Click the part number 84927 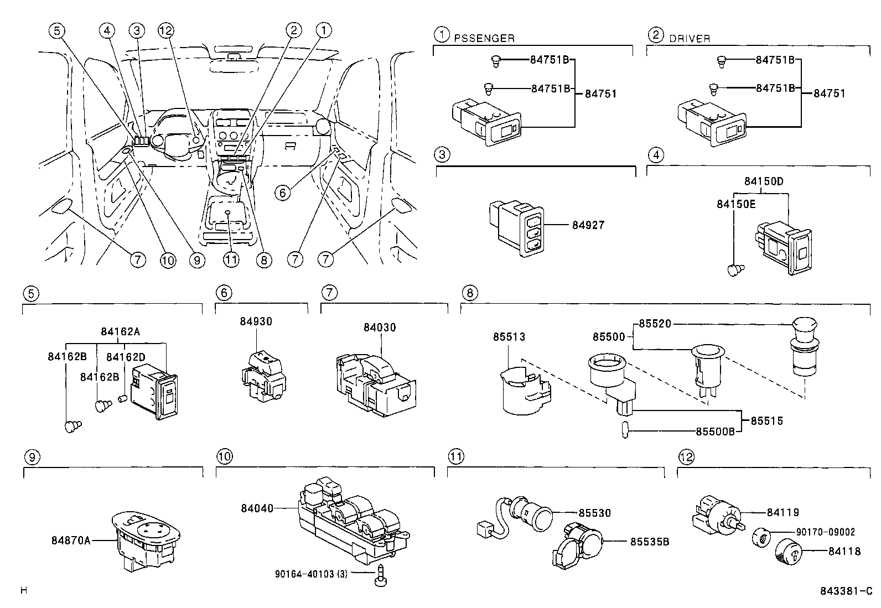[x=588, y=225]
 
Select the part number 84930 [x=256, y=321]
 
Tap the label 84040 [x=257, y=508]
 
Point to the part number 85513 [x=509, y=337]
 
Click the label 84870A [x=71, y=541]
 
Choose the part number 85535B [x=650, y=542]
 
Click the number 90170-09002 [x=826, y=532]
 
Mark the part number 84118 [x=844, y=552]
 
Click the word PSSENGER [x=484, y=38]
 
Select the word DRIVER [x=690, y=39]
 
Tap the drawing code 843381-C [x=846, y=591]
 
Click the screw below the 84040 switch [x=380, y=575]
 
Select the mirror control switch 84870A [x=146, y=541]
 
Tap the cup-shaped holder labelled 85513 [x=525, y=391]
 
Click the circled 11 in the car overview [x=231, y=259]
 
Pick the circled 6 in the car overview [x=282, y=193]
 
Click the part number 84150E [x=736, y=204]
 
